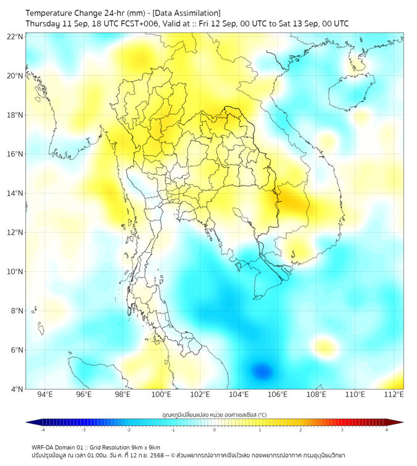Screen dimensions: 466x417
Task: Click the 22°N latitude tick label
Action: [15, 36]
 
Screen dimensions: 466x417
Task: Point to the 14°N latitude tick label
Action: [15, 194]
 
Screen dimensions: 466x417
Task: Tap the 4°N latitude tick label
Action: [17, 390]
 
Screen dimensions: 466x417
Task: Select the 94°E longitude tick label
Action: [45, 394]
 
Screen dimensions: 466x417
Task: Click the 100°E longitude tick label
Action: [162, 394]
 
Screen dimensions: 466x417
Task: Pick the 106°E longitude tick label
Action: [278, 394]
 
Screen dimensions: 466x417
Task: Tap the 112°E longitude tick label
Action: [394, 394]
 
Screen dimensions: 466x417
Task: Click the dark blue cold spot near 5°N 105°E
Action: [262, 371]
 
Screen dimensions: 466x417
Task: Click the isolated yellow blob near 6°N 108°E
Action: [324, 345]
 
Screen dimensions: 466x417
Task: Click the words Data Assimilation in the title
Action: [187, 13]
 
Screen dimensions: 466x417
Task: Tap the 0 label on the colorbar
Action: [215, 430]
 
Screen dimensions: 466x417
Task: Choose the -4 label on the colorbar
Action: [42, 430]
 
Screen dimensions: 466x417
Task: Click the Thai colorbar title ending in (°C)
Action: [215, 415]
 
